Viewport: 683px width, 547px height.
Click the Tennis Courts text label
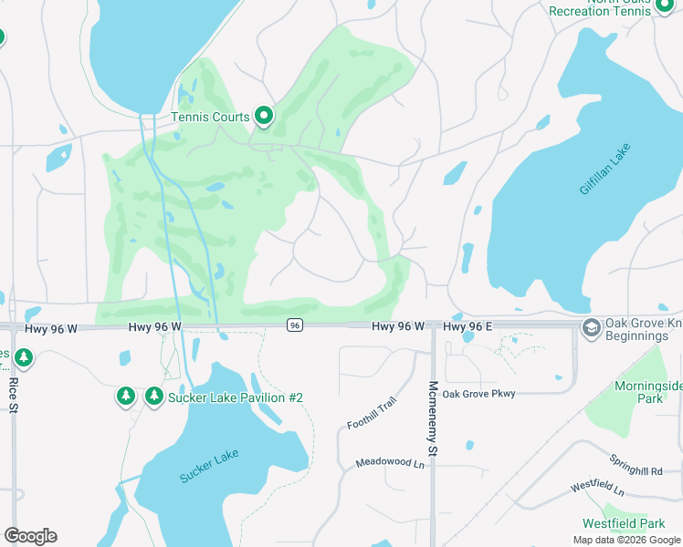[x=210, y=117]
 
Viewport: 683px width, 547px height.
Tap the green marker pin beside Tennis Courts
[x=264, y=115]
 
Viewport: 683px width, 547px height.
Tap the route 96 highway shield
[x=294, y=325]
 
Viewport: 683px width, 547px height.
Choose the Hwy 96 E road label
[x=468, y=325]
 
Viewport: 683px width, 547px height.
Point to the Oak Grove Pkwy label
[x=478, y=394]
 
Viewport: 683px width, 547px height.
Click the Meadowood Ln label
[x=391, y=463]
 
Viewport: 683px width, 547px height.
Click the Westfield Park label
[x=625, y=523]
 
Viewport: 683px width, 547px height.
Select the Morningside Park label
[x=648, y=393]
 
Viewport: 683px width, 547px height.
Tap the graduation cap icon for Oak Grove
[x=592, y=327]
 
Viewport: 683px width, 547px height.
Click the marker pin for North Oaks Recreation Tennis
[x=664, y=6]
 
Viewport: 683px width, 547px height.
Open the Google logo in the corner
[x=30, y=536]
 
